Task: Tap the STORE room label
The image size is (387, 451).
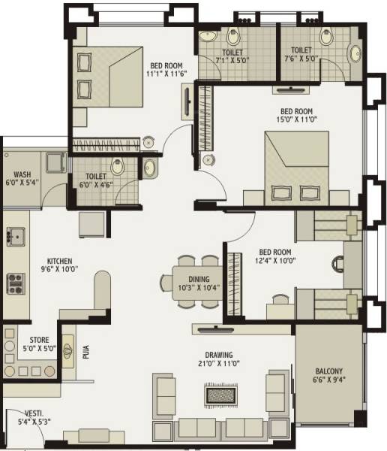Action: point(39,339)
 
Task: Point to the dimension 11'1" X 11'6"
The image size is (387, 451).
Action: point(167,74)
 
